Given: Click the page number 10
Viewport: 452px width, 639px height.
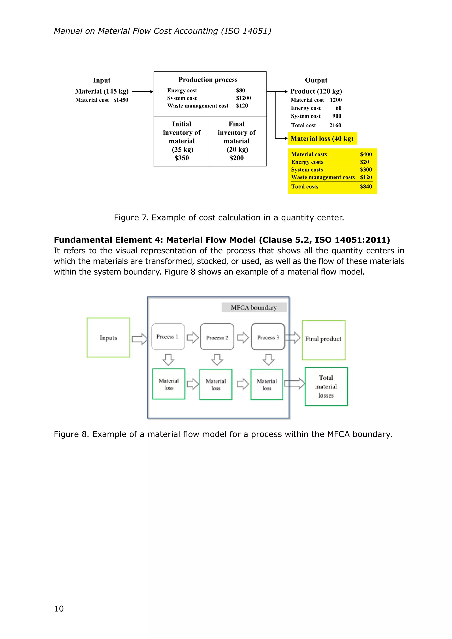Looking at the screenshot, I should click(x=59, y=609).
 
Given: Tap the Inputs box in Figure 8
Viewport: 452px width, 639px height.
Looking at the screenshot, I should click(x=108, y=337).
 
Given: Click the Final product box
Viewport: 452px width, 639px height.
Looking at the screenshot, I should click(x=323, y=340).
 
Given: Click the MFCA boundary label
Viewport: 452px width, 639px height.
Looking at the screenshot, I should click(x=254, y=308).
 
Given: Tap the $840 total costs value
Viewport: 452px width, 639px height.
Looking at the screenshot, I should click(x=366, y=186).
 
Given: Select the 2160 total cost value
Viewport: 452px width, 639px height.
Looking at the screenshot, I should click(x=335, y=125).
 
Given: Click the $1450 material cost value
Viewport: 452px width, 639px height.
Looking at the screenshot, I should click(x=121, y=100).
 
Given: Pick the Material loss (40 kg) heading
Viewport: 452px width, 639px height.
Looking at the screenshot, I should click(x=322, y=138).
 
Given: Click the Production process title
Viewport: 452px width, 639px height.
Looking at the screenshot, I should click(x=208, y=80).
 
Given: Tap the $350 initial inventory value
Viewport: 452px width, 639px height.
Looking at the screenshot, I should click(x=181, y=158).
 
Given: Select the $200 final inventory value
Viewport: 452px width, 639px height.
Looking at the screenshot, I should click(x=236, y=158).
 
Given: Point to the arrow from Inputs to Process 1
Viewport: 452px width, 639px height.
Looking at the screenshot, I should click(x=139, y=339).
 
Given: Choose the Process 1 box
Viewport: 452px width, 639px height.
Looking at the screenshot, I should click(x=168, y=336).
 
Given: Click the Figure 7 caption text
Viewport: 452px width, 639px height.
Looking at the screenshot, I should click(x=229, y=217).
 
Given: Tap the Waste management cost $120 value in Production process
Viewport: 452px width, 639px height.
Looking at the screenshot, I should click(x=242, y=106).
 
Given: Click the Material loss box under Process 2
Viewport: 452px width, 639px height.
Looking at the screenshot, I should click(x=216, y=384).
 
